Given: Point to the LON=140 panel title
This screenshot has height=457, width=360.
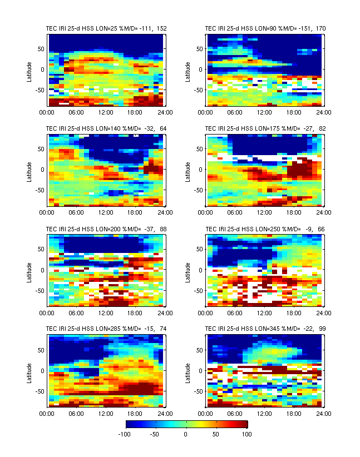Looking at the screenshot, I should pyautogui.click(x=106, y=128).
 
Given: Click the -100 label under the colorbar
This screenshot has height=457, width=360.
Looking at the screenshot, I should pyautogui.click(x=125, y=434).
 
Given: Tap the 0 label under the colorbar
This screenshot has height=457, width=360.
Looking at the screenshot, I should pyautogui.click(x=186, y=434).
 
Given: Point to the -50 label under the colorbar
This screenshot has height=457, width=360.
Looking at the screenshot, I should pyautogui.click(x=155, y=434).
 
